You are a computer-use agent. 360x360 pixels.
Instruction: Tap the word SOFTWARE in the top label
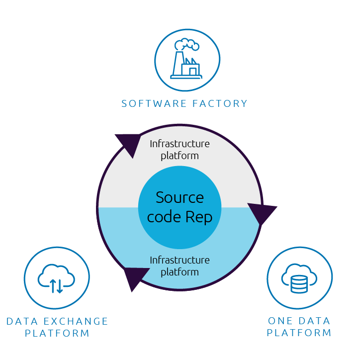(x=149, y=103)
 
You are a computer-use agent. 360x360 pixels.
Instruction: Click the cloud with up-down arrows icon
(x=56, y=278)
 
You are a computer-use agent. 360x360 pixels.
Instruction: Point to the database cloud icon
(x=299, y=278)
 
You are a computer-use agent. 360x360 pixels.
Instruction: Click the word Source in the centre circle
(x=180, y=197)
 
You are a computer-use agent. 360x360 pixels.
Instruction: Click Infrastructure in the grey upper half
(x=180, y=144)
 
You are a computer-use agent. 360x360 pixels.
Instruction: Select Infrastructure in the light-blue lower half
(x=180, y=260)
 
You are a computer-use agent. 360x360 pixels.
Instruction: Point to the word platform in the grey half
(x=180, y=156)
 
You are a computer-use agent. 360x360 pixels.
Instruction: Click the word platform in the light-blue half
(x=180, y=272)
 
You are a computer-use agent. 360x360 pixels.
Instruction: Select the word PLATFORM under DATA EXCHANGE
(x=57, y=333)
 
